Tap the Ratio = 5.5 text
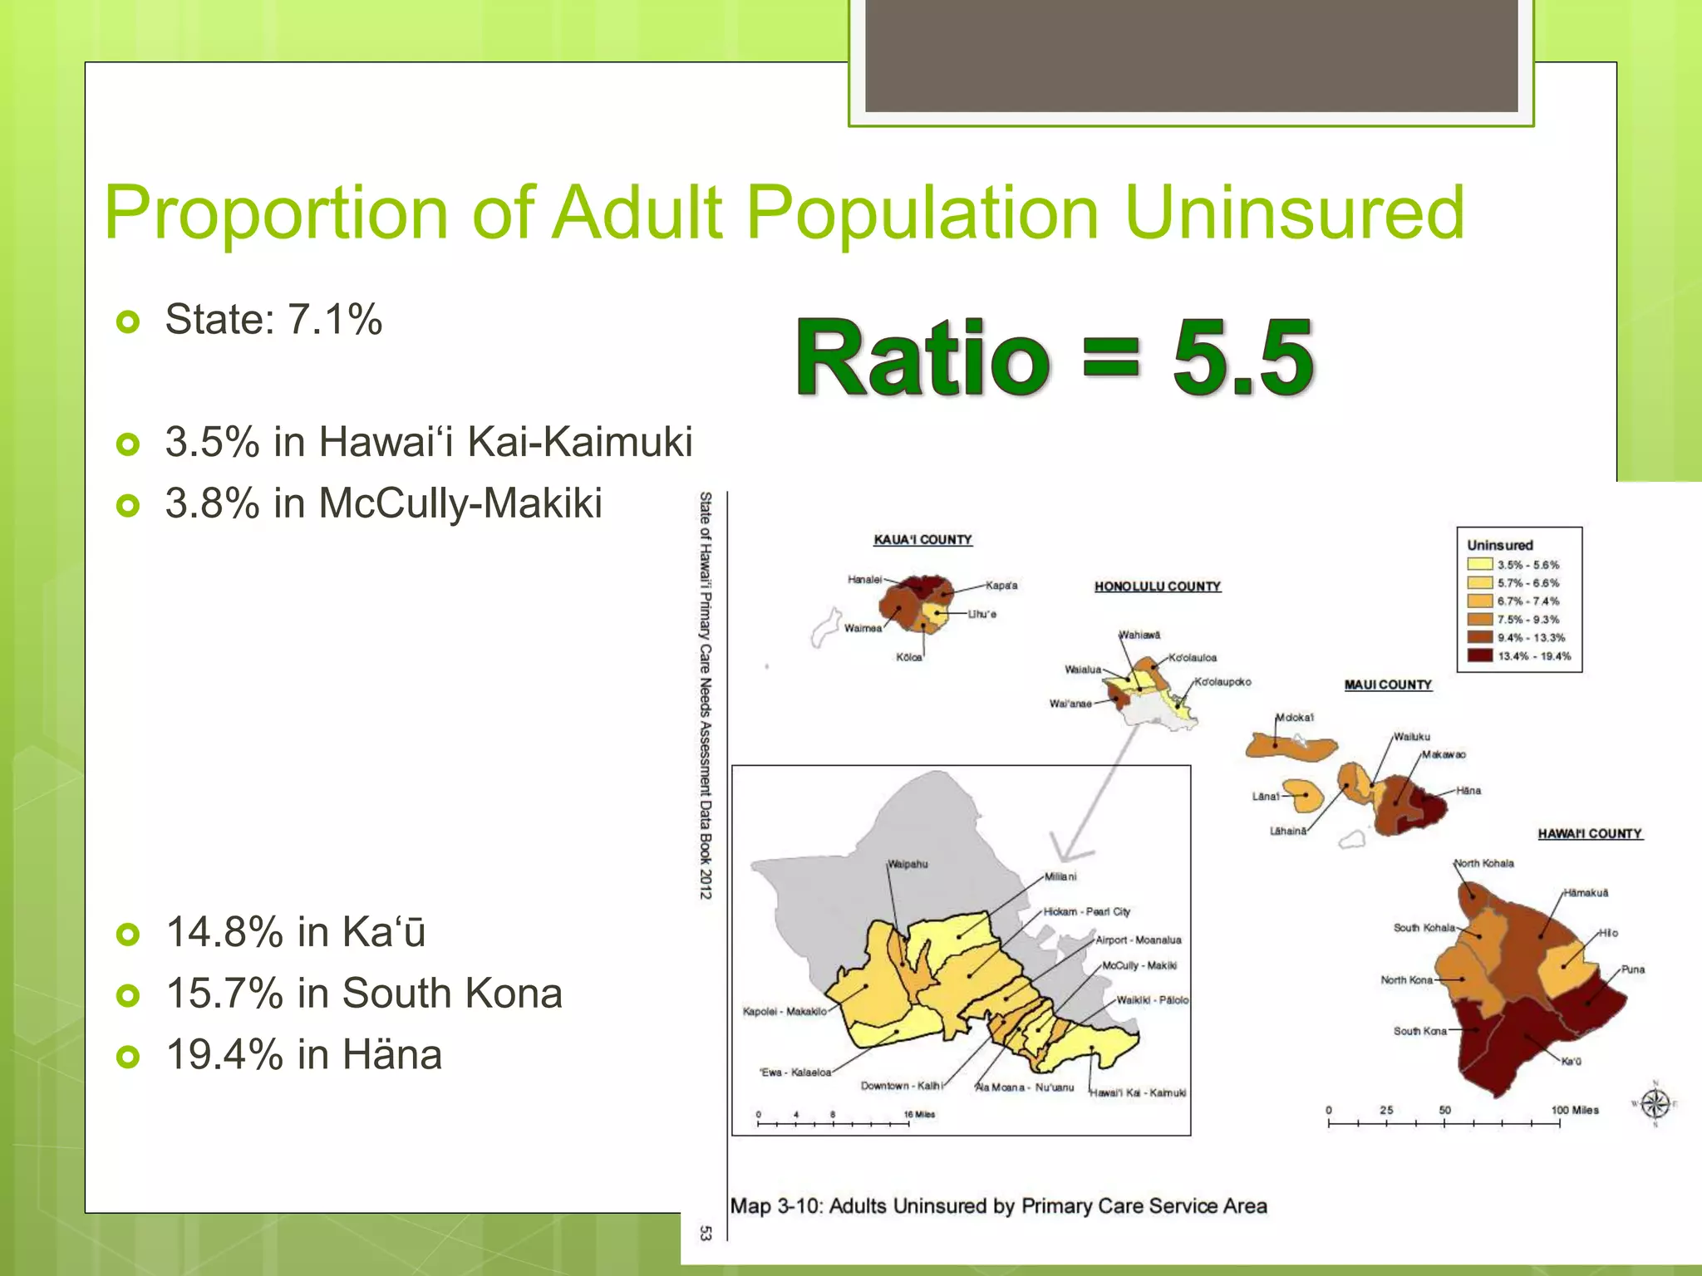pyautogui.click(x=1054, y=359)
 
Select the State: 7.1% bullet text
pyautogui.click(x=273, y=320)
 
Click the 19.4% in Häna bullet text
pyautogui.click(x=304, y=1055)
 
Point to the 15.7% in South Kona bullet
pyautogui.click(x=364, y=994)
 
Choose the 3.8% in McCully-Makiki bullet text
pyautogui.click(x=383, y=503)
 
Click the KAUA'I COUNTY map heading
pyautogui.click(x=922, y=540)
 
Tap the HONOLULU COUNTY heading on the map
pyautogui.click(x=1158, y=586)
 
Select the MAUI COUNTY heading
pyautogui.click(x=1388, y=685)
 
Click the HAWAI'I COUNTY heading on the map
pyautogui.click(x=1589, y=833)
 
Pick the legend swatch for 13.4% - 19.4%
pyautogui.click(x=1480, y=655)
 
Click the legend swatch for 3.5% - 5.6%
pyautogui.click(x=1480, y=565)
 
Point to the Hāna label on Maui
pyautogui.click(x=1468, y=791)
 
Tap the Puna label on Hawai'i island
pyautogui.click(x=1632, y=969)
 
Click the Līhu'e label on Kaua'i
pyautogui.click(x=981, y=615)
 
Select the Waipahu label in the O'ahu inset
pyautogui.click(x=908, y=864)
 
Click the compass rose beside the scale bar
pyautogui.click(x=1655, y=1104)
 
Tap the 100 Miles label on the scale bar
pyautogui.click(x=1574, y=1110)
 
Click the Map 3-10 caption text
pyautogui.click(x=998, y=1206)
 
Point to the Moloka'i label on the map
pyautogui.click(x=1294, y=718)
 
